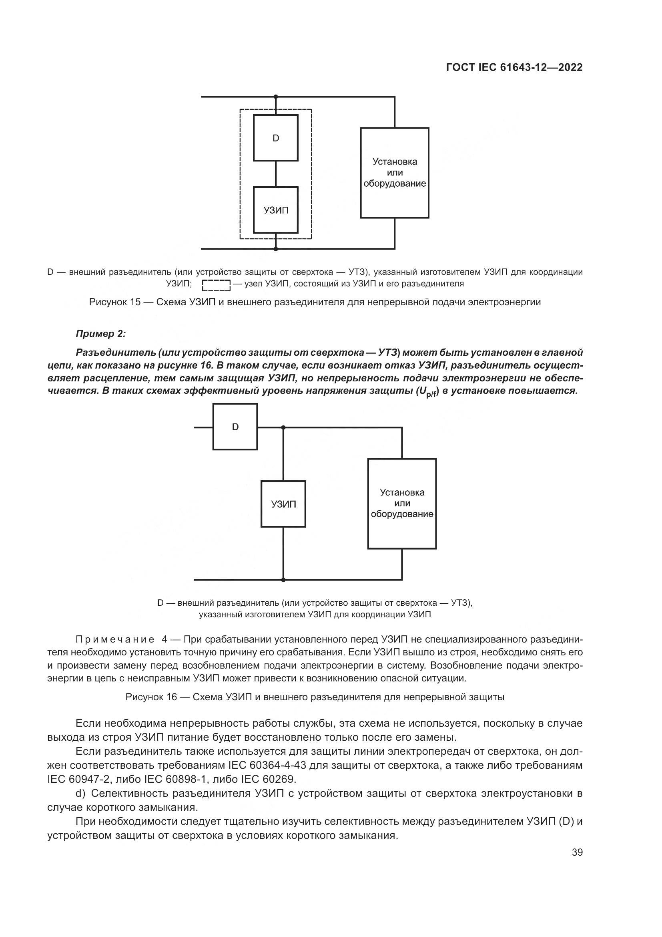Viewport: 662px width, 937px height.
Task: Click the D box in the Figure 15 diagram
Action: click(x=275, y=138)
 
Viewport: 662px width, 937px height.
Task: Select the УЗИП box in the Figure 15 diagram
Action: click(x=275, y=210)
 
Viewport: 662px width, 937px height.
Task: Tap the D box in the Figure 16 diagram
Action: click(x=235, y=427)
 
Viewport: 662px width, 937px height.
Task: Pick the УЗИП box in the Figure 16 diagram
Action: click(x=283, y=504)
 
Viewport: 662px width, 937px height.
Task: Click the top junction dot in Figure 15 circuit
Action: click(x=275, y=97)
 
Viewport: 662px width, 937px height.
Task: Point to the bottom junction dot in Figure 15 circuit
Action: click(x=275, y=248)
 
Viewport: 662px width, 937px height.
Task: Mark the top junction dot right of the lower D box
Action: click(x=283, y=427)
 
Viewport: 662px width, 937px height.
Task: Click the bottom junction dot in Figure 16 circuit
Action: click(x=283, y=580)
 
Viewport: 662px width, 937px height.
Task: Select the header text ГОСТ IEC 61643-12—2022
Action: click(x=514, y=67)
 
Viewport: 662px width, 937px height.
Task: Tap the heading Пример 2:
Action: click(x=101, y=334)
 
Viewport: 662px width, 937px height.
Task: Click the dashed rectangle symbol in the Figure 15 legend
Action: click(x=217, y=285)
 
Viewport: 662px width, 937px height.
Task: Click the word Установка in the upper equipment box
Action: click(x=395, y=161)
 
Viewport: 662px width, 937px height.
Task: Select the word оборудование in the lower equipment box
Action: click(x=402, y=514)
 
